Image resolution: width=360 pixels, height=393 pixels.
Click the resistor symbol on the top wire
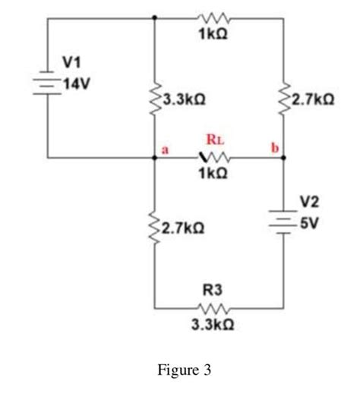tap(208, 16)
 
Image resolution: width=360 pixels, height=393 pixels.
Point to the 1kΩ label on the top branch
tap(208, 33)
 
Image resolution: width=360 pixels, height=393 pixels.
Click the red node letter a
tap(163, 149)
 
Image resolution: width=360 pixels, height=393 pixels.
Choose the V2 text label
tap(309, 202)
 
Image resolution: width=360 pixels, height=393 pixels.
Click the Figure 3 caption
tap(185, 371)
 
